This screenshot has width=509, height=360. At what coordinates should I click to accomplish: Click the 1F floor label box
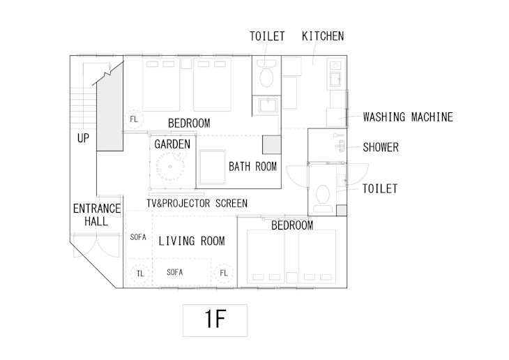(x=215, y=320)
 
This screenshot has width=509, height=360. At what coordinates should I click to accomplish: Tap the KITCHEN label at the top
(x=322, y=36)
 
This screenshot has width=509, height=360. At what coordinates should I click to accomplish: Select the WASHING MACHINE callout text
(x=408, y=117)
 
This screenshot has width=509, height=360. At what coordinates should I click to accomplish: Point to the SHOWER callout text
(x=381, y=147)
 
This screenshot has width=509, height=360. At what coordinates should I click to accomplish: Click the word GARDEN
(x=172, y=144)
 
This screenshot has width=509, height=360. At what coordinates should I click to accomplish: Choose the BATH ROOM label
(x=252, y=167)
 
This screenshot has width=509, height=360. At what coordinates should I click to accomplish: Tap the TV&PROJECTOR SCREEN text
(x=197, y=203)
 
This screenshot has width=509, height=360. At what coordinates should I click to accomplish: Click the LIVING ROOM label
(x=192, y=241)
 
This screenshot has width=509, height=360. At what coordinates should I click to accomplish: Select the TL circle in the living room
(x=140, y=273)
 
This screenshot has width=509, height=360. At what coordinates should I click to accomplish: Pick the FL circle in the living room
(x=224, y=273)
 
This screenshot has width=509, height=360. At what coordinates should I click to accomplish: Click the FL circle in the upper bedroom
(x=134, y=119)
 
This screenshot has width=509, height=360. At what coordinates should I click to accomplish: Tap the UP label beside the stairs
(x=83, y=139)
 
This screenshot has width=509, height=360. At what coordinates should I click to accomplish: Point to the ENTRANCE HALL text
(x=96, y=215)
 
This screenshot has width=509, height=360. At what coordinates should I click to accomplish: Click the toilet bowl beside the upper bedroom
(x=266, y=75)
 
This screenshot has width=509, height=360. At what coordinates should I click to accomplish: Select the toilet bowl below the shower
(x=322, y=200)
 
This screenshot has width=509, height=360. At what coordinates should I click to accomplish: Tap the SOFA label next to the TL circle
(x=174, y=273)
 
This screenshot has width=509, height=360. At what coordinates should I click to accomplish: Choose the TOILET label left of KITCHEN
(x=267, y=36)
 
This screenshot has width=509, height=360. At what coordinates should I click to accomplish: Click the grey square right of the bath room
(x=271, y=144)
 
